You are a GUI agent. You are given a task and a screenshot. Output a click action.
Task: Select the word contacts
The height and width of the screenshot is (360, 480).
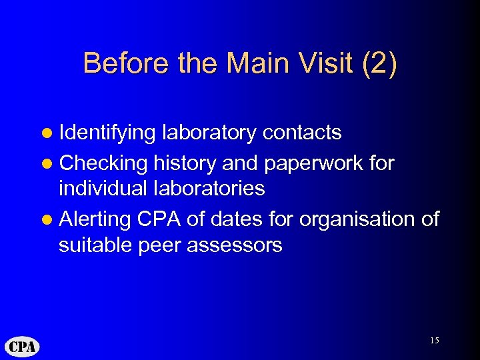tap(302, 133)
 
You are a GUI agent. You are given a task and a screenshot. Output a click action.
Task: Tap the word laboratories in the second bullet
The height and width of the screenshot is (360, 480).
tap(211, 189)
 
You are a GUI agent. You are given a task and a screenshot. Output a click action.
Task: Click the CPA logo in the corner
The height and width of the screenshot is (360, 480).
tap(22, 347)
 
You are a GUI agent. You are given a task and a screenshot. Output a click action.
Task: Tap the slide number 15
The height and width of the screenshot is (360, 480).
tap(434, 341)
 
